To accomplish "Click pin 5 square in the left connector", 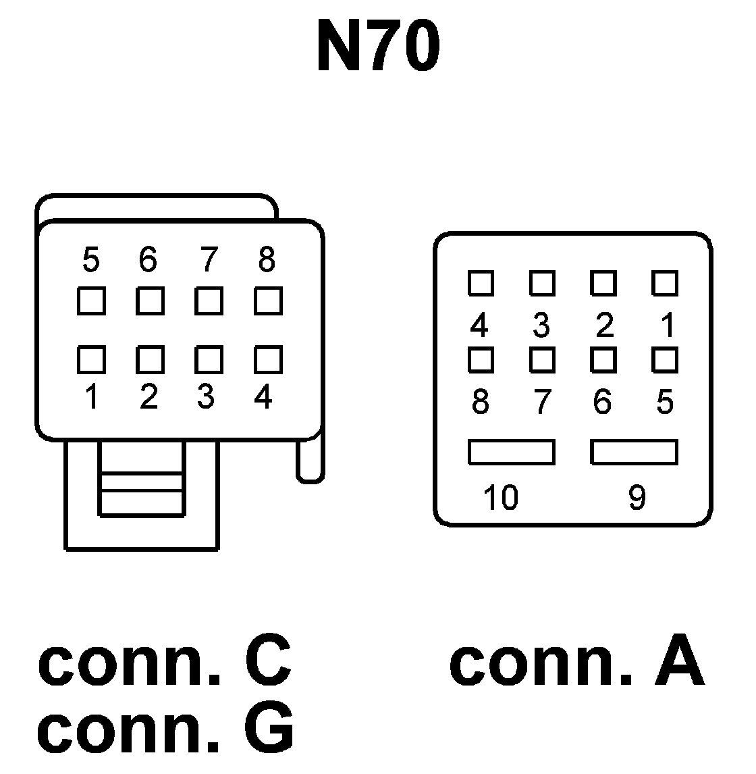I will click(90, 301).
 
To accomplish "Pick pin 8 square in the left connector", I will click(268, 301).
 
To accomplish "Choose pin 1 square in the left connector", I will click(90, 359).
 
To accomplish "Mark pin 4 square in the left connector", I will click(268, 359).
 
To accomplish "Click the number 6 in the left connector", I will click(148, 259).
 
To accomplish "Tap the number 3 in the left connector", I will click(207, 397).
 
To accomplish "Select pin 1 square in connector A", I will click(665, 283).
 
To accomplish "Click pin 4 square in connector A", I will click(481, 283).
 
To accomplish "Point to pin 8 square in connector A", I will click(481, 359).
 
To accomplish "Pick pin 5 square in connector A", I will click(665, 359).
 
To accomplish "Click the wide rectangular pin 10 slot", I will click(512, 452).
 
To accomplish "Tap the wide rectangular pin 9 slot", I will click(634, 452).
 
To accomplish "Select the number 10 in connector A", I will click(500, 498).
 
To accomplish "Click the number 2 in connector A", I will click(604, 326).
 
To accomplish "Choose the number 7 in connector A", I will click(542, 403).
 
